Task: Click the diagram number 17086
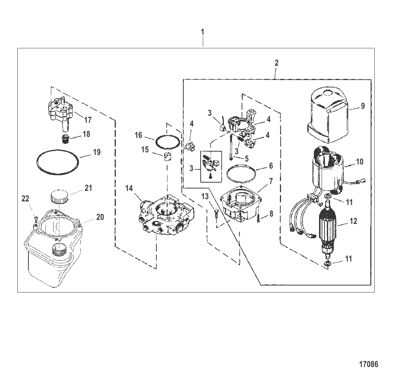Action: [368, 364]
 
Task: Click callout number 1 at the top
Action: [202, 32]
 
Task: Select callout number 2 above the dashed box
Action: [276, 63]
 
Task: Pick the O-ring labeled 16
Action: [168, 143]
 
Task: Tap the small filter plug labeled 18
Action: [65, 139]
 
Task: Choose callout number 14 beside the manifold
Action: [129, 188]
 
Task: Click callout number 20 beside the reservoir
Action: [100, 217]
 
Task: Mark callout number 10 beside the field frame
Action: [360, 162]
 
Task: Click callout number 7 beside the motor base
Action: [271, 181]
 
